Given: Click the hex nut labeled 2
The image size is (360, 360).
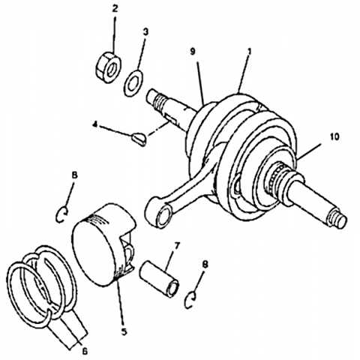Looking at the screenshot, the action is [108, 67].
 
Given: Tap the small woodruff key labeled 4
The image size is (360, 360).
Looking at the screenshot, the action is [139, 139].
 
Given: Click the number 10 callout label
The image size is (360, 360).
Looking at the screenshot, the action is [335, 136].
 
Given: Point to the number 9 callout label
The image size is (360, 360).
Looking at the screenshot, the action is [193, 52].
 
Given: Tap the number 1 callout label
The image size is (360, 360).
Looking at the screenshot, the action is [249, 51].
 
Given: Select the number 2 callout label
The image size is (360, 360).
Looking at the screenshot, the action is [115, 9].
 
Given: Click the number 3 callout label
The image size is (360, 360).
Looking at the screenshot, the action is [145, 31].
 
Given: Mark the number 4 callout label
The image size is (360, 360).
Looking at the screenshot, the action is [94, 124].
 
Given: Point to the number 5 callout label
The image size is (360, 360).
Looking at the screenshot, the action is [124, 331].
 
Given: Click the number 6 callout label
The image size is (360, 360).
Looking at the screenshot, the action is [85, 352].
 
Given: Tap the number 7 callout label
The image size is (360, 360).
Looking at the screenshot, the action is [177, 246].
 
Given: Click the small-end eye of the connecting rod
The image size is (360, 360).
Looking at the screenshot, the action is [162, 215].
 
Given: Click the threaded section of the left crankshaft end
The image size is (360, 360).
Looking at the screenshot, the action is [158, 101].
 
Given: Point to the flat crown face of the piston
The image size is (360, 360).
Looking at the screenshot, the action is [91, 253].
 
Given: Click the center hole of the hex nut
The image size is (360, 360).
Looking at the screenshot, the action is [112, 70].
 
